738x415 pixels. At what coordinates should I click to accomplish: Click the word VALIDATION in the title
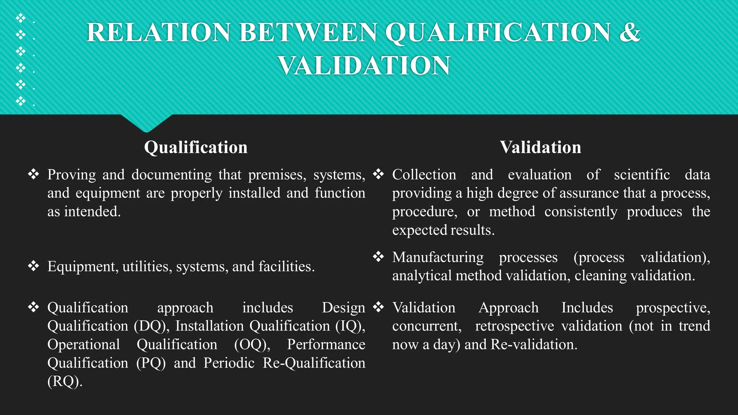(x=364, y=66)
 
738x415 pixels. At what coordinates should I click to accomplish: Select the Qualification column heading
(x=196, y=147)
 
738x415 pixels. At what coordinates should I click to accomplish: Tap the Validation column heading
(x=540, y=147)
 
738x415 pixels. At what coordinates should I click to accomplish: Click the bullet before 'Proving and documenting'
(x=34, y=174)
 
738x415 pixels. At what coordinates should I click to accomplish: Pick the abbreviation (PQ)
(x=151, y=363)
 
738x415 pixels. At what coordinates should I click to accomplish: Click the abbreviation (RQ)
(x=65, y=381)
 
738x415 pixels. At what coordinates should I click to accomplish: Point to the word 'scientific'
(x=642, y=175)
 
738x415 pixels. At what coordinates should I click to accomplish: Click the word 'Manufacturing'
(x=438, y=257)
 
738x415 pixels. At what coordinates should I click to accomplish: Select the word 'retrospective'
(x=515, y=326)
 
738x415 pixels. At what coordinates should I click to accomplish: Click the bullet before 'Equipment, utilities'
(x=34, y=266)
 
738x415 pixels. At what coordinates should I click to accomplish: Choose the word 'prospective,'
(x=673, y=308)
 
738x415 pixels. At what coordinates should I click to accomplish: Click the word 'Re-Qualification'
(x=314, y=363)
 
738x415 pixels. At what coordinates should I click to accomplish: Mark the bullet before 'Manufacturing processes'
(x=378, y=257)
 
